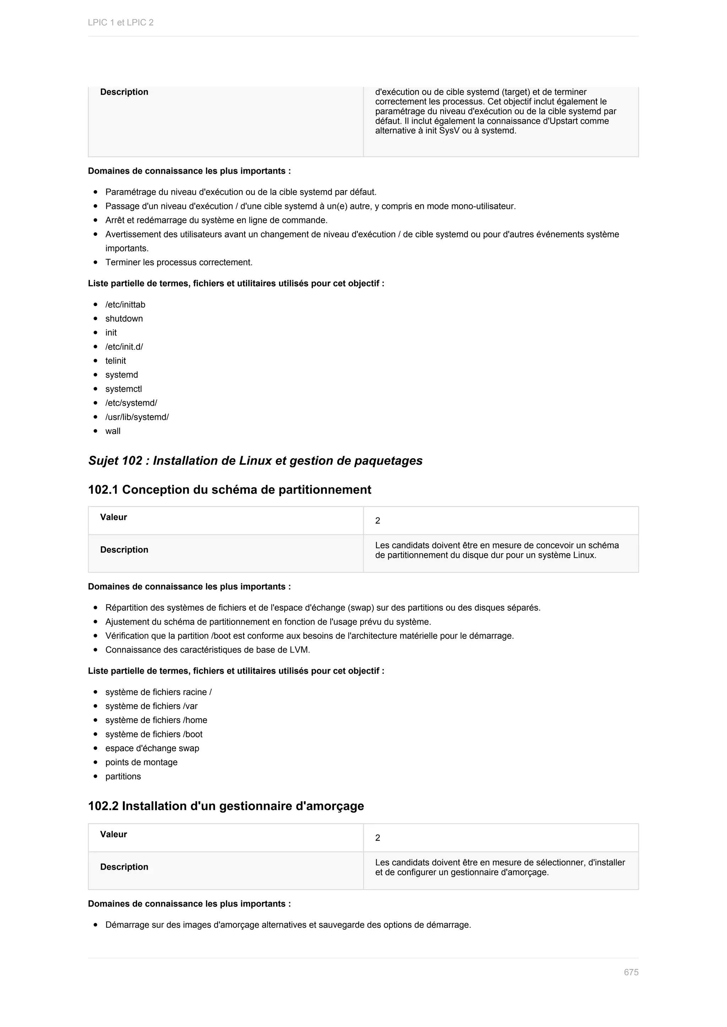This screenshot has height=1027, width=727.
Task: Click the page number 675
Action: [x=631, y=972]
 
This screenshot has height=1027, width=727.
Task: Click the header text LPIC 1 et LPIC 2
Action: [x=120, y=22]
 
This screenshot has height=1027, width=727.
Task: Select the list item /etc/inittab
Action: [x=125, y=305]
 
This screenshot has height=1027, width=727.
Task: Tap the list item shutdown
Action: [x=124, y=318]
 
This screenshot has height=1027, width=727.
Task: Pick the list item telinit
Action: [x=115, y=361]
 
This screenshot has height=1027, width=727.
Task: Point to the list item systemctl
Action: [x=123, y=389]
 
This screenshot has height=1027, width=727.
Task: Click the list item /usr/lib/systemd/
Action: [x=137, y=417]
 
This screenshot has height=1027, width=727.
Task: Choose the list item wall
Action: [x=113, y=431]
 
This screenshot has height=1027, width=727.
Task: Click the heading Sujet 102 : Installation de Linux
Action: [x=255, y=460]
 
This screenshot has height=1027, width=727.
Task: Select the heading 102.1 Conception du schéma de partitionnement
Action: [x=229, y=489]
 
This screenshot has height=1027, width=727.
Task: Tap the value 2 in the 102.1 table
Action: [x=377, y=520]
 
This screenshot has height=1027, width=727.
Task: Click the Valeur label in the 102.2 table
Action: [x=113, y=834]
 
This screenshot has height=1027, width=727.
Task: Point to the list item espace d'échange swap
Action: [x=152, y=748]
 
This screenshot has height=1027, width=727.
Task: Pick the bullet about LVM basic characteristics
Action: [x=207, y=649]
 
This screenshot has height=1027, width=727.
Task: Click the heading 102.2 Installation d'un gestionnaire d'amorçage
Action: [x=226, y=806]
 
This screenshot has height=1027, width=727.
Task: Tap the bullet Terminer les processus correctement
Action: [x=179, y=262]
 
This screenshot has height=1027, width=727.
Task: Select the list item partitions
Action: [x=123, y=776]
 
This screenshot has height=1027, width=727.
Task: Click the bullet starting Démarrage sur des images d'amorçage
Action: [x=288, y=925]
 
